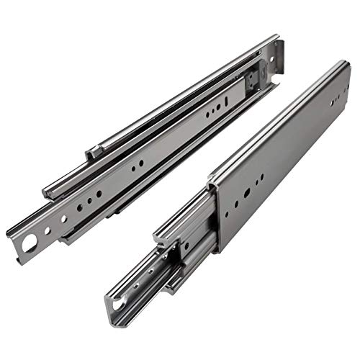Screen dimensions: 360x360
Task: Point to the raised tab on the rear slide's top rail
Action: pyautogui.click(x=93, y=153)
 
